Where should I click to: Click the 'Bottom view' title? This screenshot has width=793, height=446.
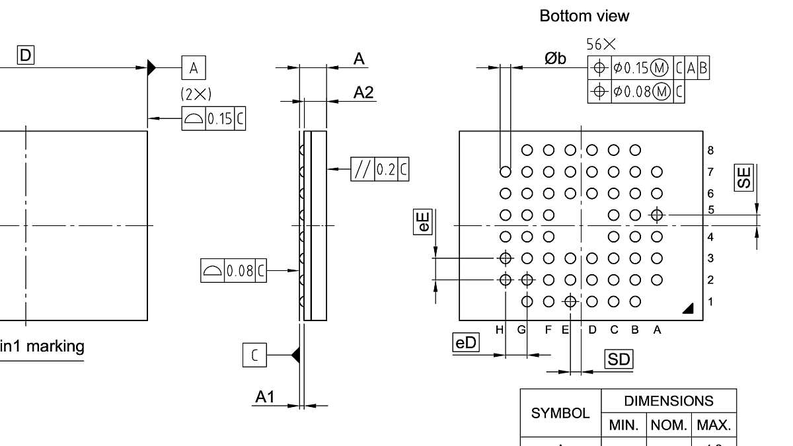coord(584,16)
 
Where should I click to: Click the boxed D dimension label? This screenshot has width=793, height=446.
coord(25,56)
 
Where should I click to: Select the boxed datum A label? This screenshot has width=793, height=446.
coord(194,67)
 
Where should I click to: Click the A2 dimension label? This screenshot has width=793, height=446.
coord(363,93)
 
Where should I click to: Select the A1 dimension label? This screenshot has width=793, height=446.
coord(265,396)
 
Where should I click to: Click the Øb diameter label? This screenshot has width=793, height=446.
coord(555,59)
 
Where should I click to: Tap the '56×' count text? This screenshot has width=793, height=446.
coord(601,44)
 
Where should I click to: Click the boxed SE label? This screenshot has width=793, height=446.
coord(744,177)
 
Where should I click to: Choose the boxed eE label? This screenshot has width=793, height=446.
coord(424,221)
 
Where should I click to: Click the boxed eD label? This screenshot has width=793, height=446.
coord(466,342)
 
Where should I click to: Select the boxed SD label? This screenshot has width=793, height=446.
coord(619,359)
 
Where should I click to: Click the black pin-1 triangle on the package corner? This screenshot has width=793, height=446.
coord(688,308)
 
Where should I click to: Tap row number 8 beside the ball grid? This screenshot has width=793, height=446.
coord(710,151)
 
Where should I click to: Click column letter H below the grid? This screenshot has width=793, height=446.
coord(500,330)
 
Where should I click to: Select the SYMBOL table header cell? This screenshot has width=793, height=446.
coord(560,413)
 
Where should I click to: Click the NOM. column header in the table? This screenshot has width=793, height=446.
coord(669,425)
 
